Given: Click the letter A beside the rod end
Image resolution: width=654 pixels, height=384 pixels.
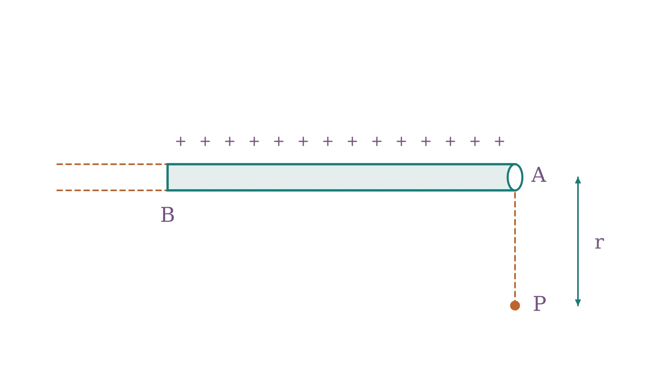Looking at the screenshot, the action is (x=538, y=175).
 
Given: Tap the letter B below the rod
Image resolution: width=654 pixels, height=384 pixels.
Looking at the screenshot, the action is (x=168, y=215).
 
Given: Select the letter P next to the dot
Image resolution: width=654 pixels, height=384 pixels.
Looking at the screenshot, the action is (x=540, y=304).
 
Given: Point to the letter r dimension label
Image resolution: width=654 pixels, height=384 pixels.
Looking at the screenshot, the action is (x=599, y=243).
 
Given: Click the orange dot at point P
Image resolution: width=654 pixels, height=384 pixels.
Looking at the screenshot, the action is (x=515, y=306).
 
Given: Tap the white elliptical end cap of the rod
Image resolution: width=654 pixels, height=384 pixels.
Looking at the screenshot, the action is (x=515, y=177).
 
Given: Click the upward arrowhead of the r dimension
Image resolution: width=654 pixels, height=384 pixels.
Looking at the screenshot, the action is (x=578, y=180).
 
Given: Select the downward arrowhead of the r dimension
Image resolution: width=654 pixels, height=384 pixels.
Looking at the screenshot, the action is (x=578, y=303).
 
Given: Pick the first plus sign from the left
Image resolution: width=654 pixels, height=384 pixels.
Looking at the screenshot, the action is (x=180, y=141).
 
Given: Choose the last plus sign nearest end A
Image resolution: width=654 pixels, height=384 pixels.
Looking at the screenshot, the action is (x=499, y=141).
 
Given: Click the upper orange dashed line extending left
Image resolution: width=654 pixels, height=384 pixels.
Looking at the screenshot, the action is (x=112, y=164).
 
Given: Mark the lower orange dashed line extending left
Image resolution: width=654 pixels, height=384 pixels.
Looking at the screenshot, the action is (x=112, y=190).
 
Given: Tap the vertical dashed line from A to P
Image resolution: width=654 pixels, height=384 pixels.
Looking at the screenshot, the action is (x=515, y=246).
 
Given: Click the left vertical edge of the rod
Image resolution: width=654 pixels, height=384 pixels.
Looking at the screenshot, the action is (x=167, y=177).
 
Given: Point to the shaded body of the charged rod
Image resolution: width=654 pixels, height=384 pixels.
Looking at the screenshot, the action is (x=337, y=177).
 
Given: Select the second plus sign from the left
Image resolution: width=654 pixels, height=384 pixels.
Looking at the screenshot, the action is (x=205, y=141).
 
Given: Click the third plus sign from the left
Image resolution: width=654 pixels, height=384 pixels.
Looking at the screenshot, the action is (x=229, y=141).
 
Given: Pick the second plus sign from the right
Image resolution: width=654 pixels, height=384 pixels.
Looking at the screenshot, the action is (x=475, y=141).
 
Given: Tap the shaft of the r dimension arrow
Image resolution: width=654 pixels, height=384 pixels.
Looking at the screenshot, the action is (x=578, y=241).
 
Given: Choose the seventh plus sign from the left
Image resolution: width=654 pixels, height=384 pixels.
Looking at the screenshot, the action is (x=327, y=141).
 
